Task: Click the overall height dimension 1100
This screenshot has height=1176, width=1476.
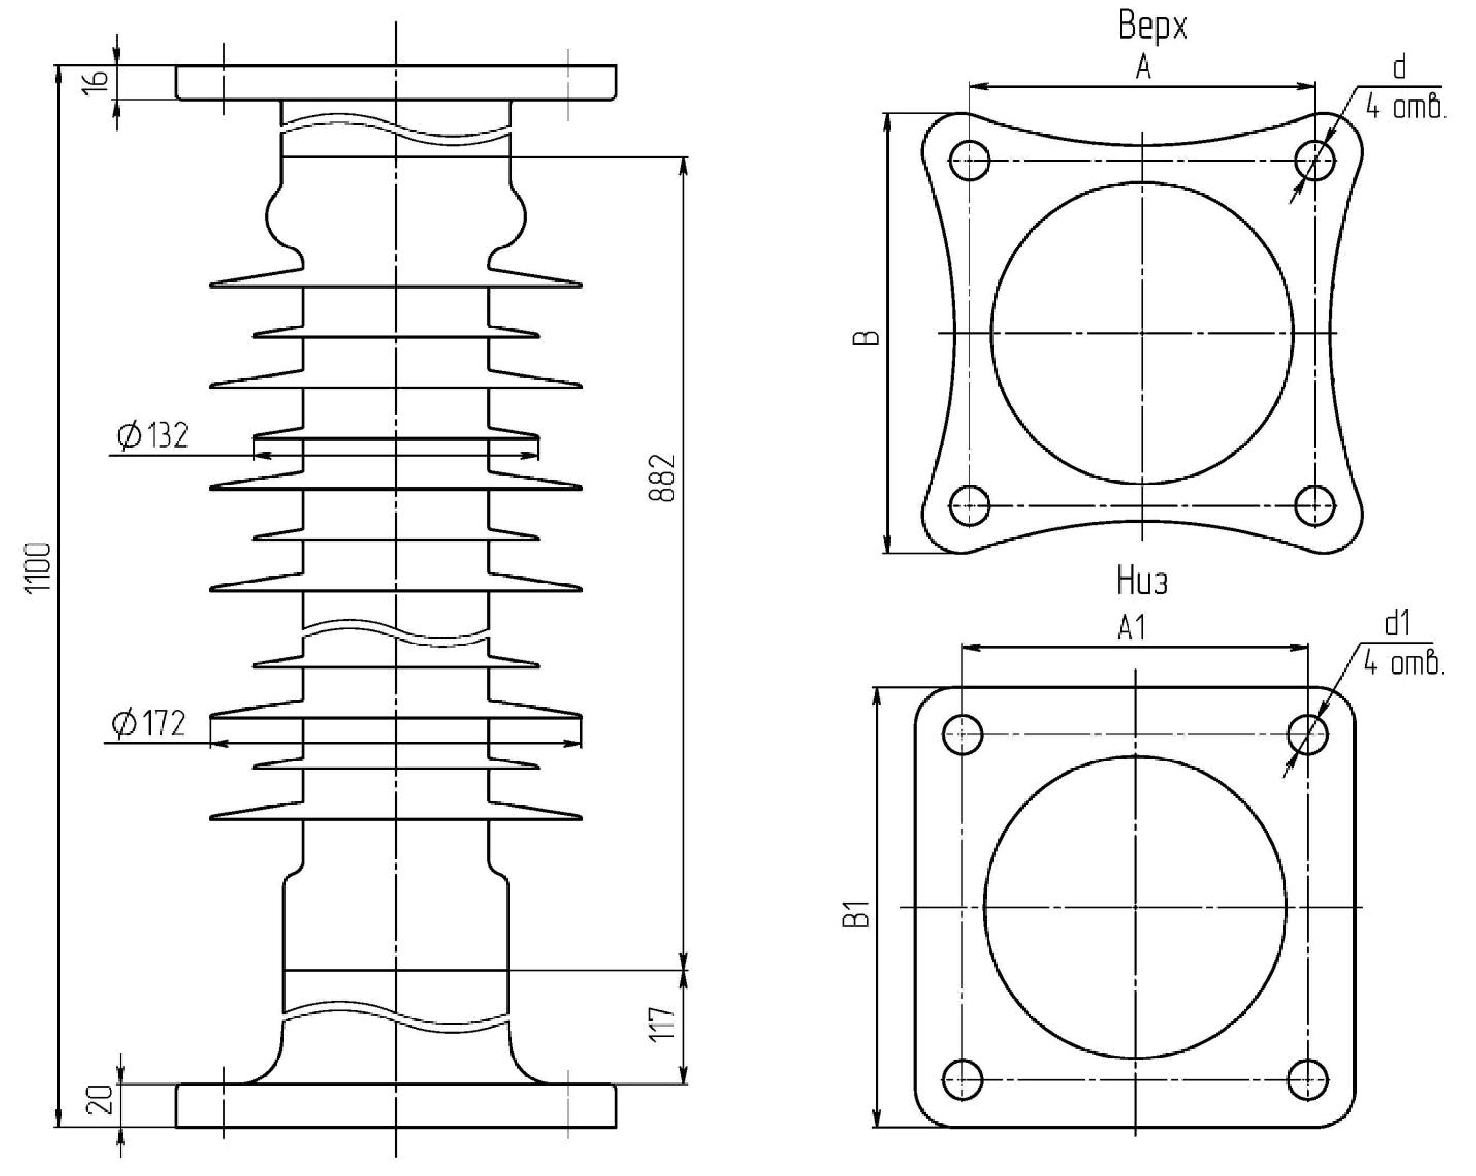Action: (39, 567)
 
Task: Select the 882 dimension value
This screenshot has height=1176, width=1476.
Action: (662, 478)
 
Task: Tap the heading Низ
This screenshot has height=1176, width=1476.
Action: (1141, 581)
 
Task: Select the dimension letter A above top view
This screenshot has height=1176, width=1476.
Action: (1143, 68)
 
